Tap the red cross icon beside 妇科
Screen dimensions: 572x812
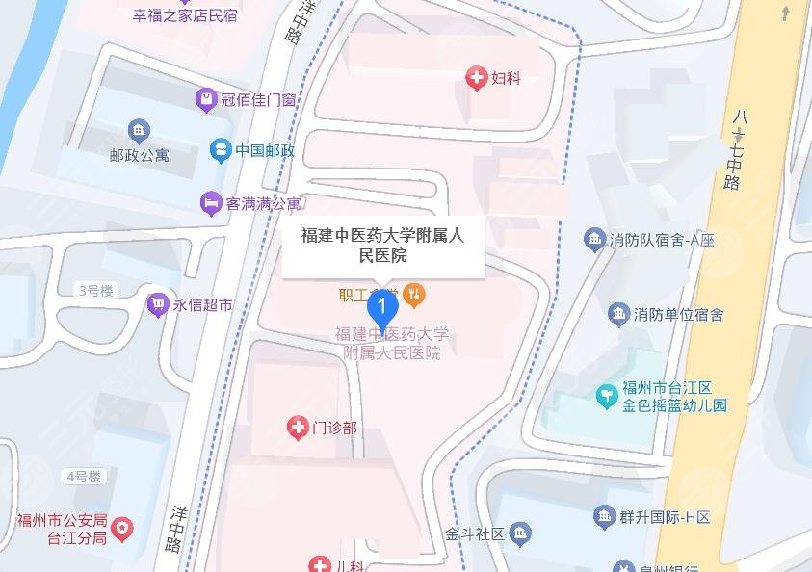point(476,78)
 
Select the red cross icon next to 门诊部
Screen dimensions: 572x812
point(299,427)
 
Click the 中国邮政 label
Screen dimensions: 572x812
point(265,150)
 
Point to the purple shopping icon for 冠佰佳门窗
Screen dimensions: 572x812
point(204,98)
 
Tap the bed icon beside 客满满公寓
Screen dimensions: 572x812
point(209,204)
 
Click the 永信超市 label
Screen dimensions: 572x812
point(202,305)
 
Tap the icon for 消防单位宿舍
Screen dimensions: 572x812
point(618,314)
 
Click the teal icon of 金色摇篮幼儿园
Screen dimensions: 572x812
point(606,395)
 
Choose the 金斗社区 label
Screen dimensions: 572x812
point(475,533)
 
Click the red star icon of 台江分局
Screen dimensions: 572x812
point(122,528)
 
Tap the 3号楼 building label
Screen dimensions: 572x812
point(95,290)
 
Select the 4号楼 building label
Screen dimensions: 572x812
point(84,476)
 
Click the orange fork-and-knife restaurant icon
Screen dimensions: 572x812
point(414,294)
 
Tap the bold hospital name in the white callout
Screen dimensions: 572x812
point(382,245)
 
